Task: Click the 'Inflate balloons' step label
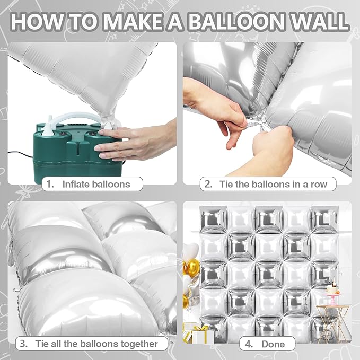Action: (94, 184)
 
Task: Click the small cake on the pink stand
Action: (333, 289)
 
